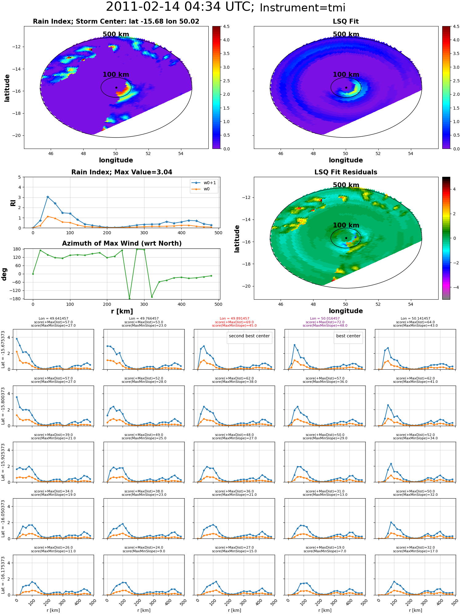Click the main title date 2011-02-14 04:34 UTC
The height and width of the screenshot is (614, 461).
point(180,7)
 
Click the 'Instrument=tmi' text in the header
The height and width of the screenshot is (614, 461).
point(302,8)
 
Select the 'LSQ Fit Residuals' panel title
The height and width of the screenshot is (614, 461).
point(346,172)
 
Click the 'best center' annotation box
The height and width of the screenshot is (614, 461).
point(348,336)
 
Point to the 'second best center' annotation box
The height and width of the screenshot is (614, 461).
point(249,336)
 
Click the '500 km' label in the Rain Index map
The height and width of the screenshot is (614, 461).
point(116,34)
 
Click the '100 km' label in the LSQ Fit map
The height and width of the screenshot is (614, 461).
point(346,75)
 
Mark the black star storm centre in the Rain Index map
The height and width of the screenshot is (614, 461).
point(116,87)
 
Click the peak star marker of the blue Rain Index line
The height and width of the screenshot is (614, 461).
point(48,197)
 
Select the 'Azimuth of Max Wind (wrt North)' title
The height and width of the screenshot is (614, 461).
point(122,243)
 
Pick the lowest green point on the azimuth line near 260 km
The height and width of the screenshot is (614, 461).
point(129,298)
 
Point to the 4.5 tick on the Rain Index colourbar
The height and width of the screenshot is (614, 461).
point(226,27)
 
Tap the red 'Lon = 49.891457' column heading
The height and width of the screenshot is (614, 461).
point(234,319)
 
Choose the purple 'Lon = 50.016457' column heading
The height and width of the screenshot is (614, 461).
point(325,319)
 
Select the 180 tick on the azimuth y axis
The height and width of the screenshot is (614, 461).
point(17,249)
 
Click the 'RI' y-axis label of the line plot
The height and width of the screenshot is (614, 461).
point(13,203)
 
